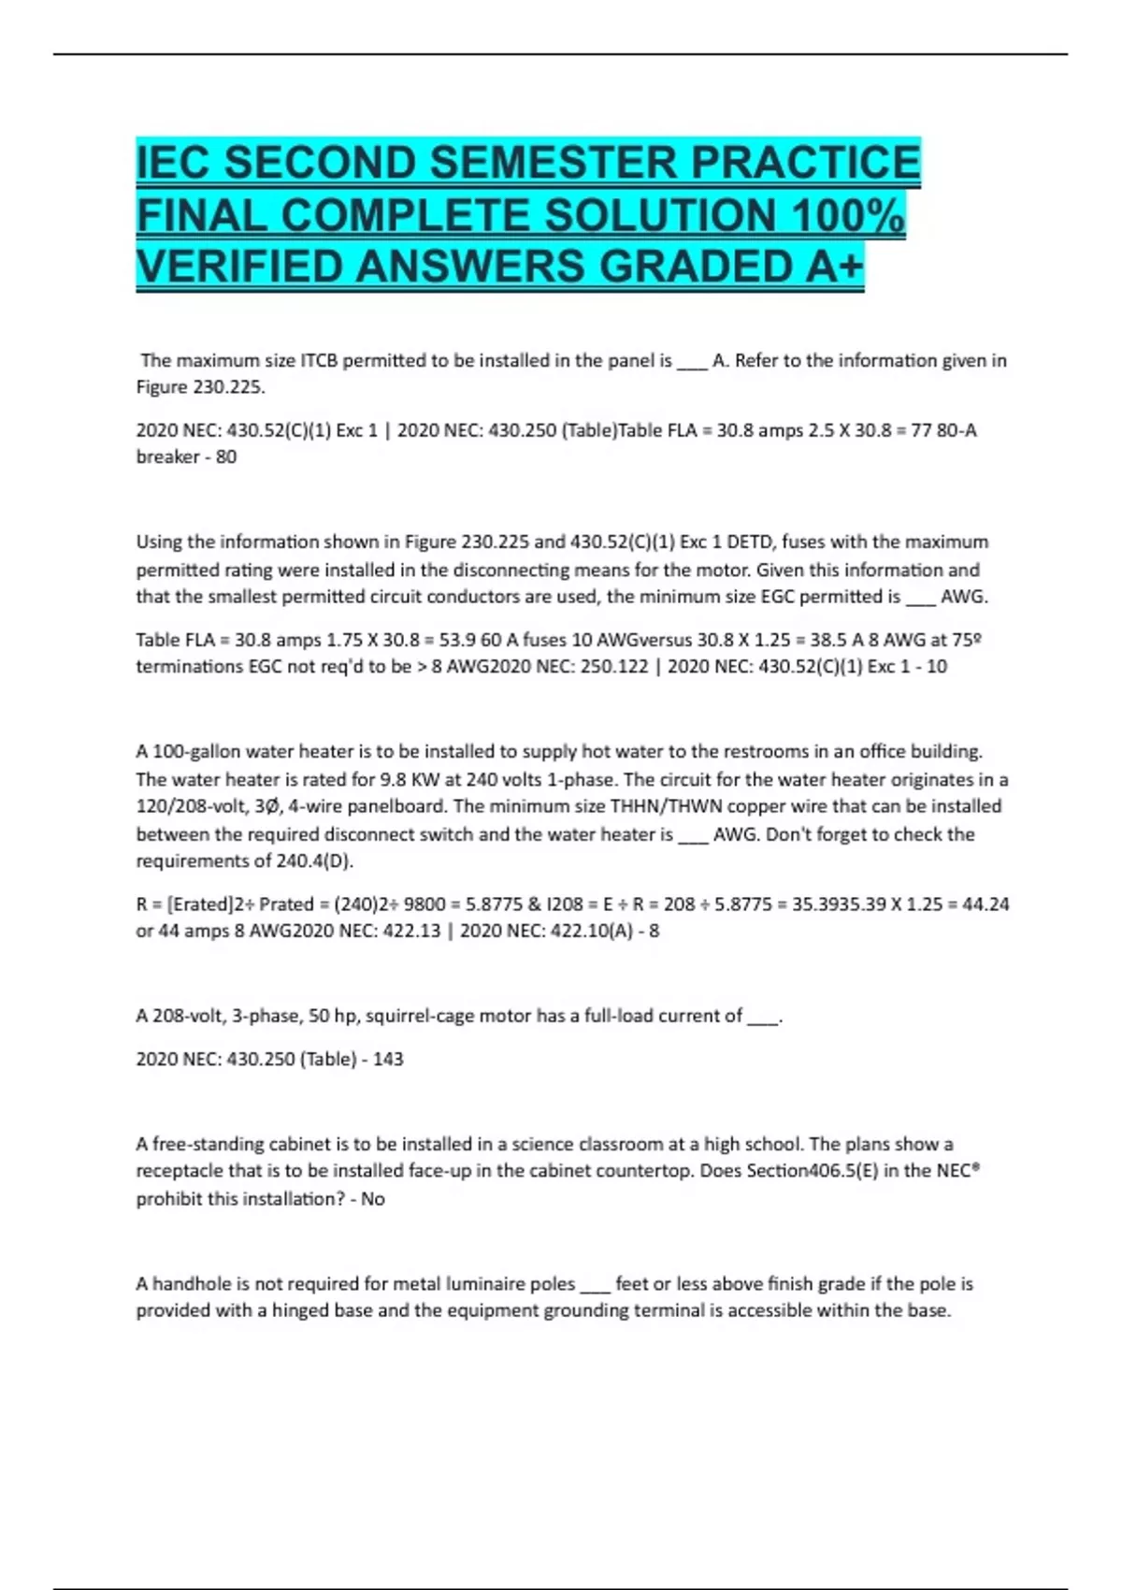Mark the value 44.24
pyautogui.click(x=984, y=903)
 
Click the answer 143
pyautogui.click(x=388, y=1059)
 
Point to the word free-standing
pyautogui.click(x=208, y=1144)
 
